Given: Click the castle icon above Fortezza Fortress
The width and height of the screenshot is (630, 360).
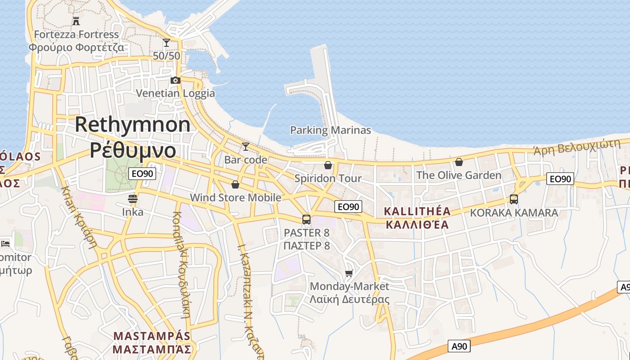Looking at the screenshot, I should tap(76, 21).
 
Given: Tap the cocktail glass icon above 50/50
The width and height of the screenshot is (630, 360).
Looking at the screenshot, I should tap(166, 43).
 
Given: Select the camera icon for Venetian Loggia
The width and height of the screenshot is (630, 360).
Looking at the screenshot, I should tap(175, 81).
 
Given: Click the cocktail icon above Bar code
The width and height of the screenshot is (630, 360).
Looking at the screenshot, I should tap(245, 147).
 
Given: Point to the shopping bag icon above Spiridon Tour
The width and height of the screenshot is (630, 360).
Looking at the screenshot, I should tap(328, 165).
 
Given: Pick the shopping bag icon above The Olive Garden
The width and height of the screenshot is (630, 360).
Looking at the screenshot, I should tap(459, 162).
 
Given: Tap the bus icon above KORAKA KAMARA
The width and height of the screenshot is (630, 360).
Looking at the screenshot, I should tap(514, 199).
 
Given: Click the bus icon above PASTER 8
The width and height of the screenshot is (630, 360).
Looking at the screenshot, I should tap(306, 220).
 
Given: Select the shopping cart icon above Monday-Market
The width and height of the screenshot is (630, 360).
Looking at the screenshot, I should tap(349, 273).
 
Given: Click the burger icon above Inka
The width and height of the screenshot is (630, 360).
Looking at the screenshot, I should tap(133, 198).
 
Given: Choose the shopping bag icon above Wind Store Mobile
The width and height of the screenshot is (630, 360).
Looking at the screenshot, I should tap(235, 184).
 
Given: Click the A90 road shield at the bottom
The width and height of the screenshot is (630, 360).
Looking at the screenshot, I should tap(459, 346).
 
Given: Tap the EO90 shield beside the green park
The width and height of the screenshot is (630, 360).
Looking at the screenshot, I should tap(142, 174).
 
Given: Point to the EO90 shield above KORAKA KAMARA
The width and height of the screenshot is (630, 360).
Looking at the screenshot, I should tap(560, 179).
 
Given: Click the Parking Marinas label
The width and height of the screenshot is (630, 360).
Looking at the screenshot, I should tap(330, 130).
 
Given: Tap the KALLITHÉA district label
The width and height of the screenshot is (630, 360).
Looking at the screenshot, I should tap(417, 211).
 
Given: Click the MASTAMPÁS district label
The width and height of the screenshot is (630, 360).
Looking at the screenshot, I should tap(152, 336).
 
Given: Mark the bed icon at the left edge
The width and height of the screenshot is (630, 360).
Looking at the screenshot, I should tap(5, 243).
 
